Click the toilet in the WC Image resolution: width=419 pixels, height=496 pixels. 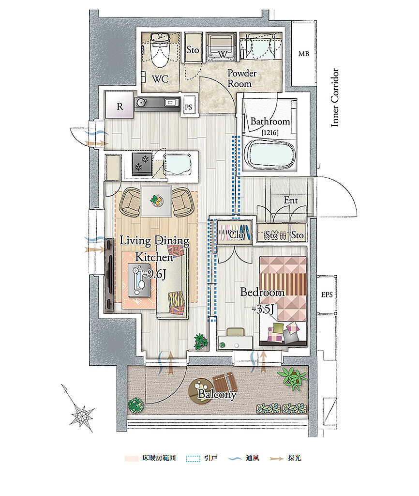pyautogui.click(x=160, y=50)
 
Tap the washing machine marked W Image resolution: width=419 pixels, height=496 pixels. pyautogui.click(x=221, y=46)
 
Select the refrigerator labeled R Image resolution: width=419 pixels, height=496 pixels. pyautogui.click(x=120, y=105)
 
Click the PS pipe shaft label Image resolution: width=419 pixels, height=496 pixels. pyautogui.click(x=188, y=107)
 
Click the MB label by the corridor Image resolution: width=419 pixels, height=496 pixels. pyautogui.click(x=304, y=54)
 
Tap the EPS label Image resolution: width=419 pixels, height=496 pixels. pyautogui.click(x=327, y=294)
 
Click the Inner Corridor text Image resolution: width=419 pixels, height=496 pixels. pyautogui.click(x=335, y=97)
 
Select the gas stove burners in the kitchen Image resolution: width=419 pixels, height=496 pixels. pyautogui.click(x=142, y=163)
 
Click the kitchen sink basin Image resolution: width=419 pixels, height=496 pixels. pyautogui.click(x=177, y=164)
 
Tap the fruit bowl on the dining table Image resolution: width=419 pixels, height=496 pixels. pyautogui.click(x=156, y=201)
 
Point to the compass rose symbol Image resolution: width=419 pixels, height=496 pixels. pyautogui.click(x=82, y=413)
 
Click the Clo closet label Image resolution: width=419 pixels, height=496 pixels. pyautogui.click(x=237, y=235)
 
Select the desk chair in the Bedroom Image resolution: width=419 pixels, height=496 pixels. pyautogui.click(x=236, y=332)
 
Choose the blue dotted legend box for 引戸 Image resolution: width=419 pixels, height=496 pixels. pyautogui.click(x=193, y=458)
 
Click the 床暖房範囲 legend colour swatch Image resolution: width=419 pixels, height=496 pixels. pyautogui.click(x=132, y=458)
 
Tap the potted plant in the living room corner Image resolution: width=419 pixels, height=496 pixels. pyautogui.click(x=201, y=341)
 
